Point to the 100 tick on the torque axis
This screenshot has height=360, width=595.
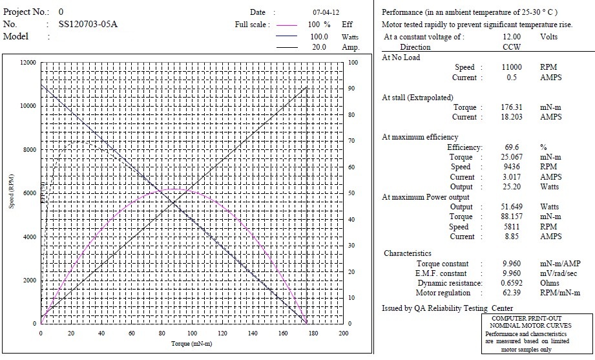(x=191, y=334)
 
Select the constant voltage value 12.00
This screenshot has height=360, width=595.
(x=512, y=37)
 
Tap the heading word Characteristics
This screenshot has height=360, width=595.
(x=407, y=253)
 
